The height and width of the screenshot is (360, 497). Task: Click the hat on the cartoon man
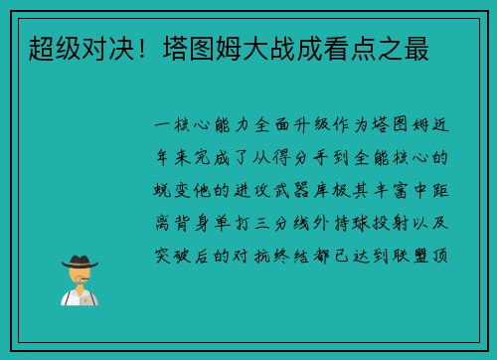pyautogui.click(x=79, y=262)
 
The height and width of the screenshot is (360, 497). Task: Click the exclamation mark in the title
pyautogui.click(x=138, y=47)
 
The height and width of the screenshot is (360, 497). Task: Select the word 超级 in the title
pyautogui.click(x=54, y=47)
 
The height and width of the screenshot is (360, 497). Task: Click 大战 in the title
pyautogui.click(x=252, y=47)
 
